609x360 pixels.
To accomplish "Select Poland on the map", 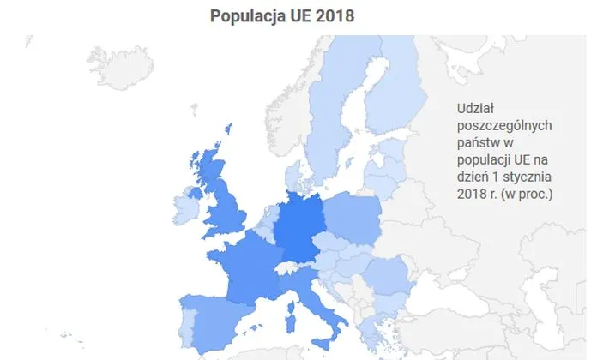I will tap(353, 219).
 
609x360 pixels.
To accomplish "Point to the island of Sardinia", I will tap(289, 327).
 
